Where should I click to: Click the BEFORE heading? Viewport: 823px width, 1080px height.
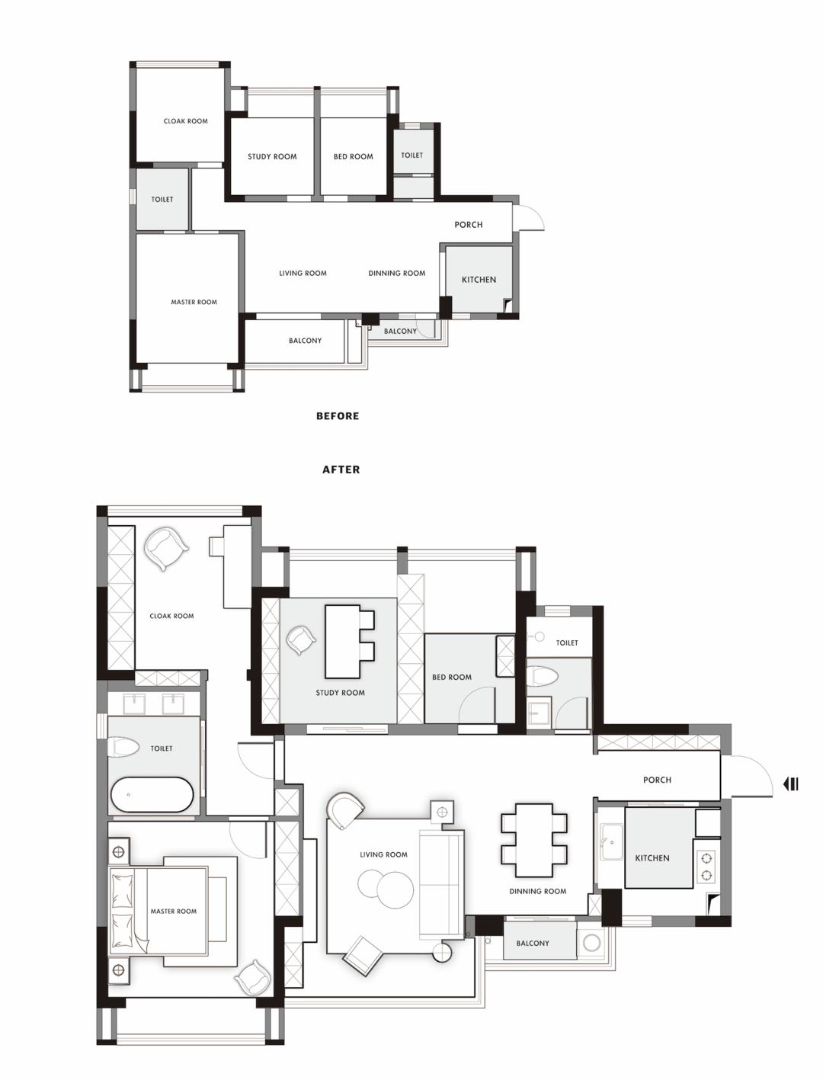(x=338, y=415)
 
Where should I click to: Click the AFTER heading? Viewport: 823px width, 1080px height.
(x=341, y=469)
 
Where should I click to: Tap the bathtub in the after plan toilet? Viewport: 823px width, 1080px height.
(x=152, y=794)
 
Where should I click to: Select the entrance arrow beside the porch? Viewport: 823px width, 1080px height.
(x=791, y=784)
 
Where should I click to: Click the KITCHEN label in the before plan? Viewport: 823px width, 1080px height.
(x=479, y=280)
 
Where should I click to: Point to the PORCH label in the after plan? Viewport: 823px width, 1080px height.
(x=657, y=780)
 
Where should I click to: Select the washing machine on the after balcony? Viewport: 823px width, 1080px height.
(x=591, y=942)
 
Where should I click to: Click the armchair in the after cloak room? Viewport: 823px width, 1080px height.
(x=166, y=549)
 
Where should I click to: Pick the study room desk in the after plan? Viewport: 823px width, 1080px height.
(x=342, y=642)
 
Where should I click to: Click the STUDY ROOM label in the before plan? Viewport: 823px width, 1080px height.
(x=272, y=156)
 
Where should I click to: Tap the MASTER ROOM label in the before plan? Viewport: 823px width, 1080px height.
(x=194, y=302)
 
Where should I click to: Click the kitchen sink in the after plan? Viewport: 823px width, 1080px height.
(x=610, y=841)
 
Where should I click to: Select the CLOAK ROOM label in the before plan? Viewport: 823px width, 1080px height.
(x=185, y=121)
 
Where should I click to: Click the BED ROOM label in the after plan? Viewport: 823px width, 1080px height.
(x=452, y=677)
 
